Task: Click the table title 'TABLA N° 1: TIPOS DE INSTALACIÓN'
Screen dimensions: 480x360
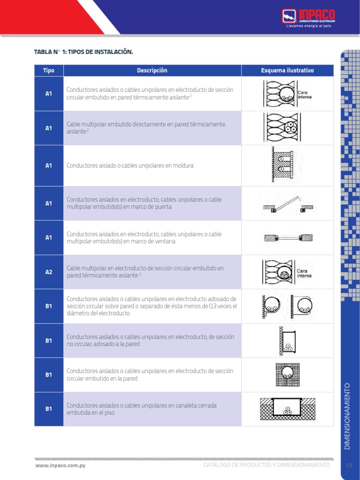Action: pos(83,52)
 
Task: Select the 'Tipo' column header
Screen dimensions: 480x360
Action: pos(49,71)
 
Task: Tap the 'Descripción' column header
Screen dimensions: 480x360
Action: pos(152,71)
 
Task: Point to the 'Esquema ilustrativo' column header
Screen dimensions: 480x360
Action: pos(287,71)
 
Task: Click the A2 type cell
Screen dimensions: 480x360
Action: pos(49,272)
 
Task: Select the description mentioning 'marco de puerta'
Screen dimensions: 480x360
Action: pos(144,203)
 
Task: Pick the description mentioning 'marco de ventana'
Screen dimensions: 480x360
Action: pos(144,238)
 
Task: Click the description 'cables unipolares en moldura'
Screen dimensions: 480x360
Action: pos(130,165)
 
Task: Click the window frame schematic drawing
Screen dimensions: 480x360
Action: pos(287,238)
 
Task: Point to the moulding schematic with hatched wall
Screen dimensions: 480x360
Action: pos(282,165)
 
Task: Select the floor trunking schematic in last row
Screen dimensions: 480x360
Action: pos(287,409)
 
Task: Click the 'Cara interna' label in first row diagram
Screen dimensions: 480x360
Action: pos(305,95)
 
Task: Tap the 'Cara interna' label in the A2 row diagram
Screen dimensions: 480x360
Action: pos(305,273)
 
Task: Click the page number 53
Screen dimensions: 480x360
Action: pos(349,465)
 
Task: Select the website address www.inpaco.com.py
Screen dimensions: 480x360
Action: pos(60,465)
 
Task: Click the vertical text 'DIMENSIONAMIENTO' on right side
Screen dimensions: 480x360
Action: pos(347,416)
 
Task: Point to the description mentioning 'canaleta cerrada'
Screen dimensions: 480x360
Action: pos(142,409)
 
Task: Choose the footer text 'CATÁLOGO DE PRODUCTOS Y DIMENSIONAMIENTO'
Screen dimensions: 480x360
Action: pos(267,465)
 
